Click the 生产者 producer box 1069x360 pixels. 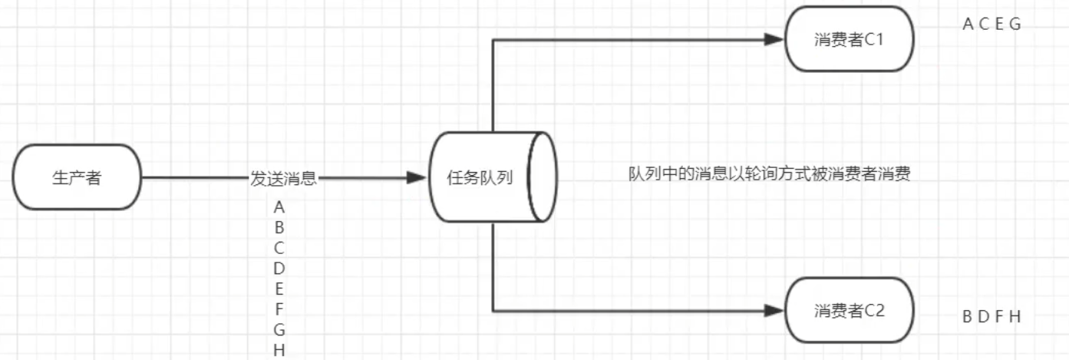click(x=78, y=177)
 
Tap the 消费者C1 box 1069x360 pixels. click(x=849, y=40)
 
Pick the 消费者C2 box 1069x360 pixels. click(x=849, y=310)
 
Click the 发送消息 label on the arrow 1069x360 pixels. click(x=283, y=178)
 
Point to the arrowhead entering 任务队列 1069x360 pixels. click(x=417, y=178)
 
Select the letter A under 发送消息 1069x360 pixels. click(x=279, y=206)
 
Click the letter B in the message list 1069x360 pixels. click(x=279, y=227)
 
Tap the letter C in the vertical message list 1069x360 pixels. click(x=279, y=248)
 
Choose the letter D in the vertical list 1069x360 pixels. click(x=279, y=269)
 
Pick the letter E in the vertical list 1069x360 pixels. click(x=279, y=289)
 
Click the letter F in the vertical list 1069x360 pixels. click(x=279, y=309)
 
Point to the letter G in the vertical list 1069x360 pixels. click(x=279, y=330)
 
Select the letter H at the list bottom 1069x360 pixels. click(x=279, y=351)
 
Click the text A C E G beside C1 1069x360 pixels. click(x=991, y=24)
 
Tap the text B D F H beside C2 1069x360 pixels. click(x=991, y=316)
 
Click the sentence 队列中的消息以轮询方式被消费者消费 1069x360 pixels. click(x=769, y=174)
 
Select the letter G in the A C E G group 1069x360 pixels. click(x=1015, y=24)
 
